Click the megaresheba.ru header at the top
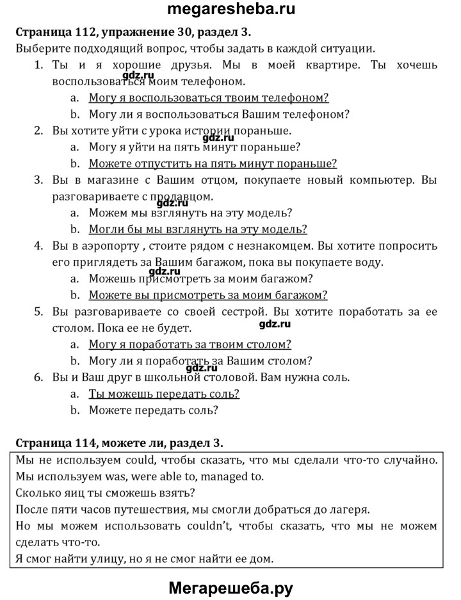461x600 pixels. [x=231, y=10]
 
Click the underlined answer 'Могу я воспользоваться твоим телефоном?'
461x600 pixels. [x=209, y=98]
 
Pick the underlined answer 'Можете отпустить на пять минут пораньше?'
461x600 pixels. [x=213, y=163]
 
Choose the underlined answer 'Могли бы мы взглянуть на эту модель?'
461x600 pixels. [x=198, y=229]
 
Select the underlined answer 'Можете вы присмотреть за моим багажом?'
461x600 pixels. [x=208, y=295]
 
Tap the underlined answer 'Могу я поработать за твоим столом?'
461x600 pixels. [x=190, y=345]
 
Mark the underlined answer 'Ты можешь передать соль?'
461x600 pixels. [x=164, y=394]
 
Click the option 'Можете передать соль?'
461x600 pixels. [x=153, y=410]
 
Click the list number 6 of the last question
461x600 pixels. [x=38, y=378]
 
